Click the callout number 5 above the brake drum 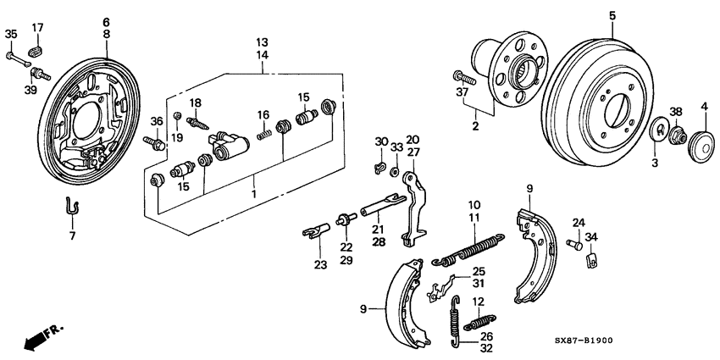coord(612,15)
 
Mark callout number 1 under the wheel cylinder coord(255,193)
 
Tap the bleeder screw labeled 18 coord(199,123)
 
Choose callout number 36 coord(157,122)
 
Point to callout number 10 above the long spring coord(474,204)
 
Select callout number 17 coord(38,29)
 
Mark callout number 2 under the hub coord(475,126)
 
